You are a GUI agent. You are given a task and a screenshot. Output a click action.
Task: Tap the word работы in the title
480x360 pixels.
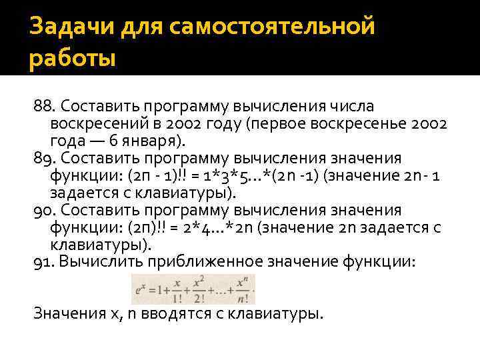click(x=73, y=59)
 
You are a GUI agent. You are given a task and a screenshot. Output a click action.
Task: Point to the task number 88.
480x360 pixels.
click(x=44, y=107)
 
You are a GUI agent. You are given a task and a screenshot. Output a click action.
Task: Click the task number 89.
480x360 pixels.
click(x=44, y=159)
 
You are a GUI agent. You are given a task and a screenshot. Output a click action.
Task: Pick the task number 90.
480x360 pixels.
click(x=44, y=211)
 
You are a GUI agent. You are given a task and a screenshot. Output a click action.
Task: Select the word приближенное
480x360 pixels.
click(x=203, y=262)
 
